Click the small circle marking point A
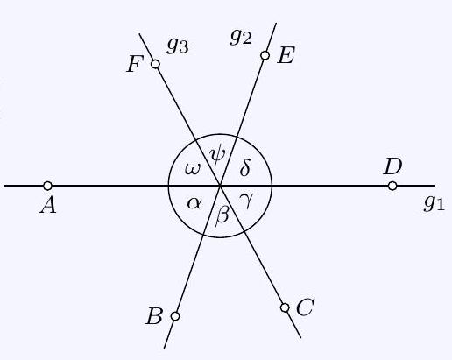pos(47,186)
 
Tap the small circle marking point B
pos(175,316)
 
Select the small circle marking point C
pos(285,307)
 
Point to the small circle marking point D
pos(392,186)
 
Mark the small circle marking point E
pos(265,55)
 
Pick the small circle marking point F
pos(155,64)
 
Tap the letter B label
pos(154,316)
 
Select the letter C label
pos(305,307)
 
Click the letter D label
pos(393,166)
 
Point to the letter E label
pos(286,55)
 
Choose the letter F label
pos(135,64)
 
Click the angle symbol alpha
pos(194,202)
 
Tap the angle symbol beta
pos(222,215)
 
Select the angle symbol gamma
pos(245,201)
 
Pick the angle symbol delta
pos(245,168)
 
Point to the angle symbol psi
pos(218,155)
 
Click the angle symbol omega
pos(194,169)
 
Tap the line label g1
pos(434,203)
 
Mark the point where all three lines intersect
pos(220,186)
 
